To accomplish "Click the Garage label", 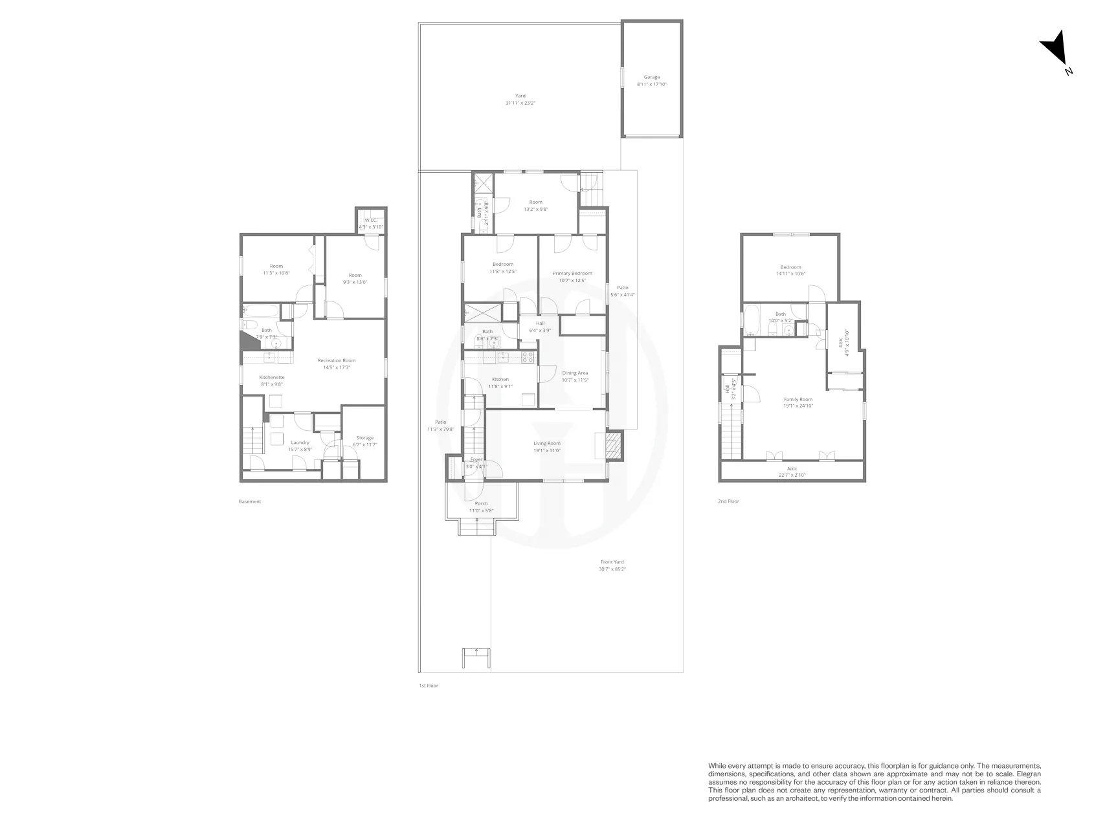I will (651, 77).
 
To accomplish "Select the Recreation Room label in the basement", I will (336, 360).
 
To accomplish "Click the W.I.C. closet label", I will (371, 221).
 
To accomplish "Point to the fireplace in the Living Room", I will (612, 445).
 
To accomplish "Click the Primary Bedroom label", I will (572, 273).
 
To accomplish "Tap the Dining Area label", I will (575, 373).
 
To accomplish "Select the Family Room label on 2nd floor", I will (798, 399).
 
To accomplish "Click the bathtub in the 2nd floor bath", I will (752, 319).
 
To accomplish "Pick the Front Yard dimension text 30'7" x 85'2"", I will (612, 569).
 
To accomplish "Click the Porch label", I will (481, 503).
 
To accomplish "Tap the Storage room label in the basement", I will (364, 438).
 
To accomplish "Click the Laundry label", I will (300, 442).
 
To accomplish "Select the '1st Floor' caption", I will (428, 685).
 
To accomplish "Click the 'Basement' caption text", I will (250, 501).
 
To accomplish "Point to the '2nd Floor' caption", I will (728, 501).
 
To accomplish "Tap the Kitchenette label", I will (272, 377).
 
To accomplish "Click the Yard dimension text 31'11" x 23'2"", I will (520, 103).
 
